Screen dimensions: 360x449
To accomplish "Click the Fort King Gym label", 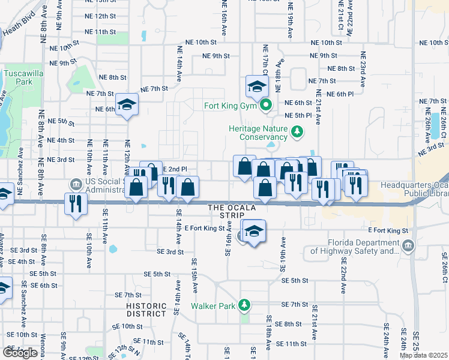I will [231, 107].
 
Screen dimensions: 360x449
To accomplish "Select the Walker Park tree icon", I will [244, 305].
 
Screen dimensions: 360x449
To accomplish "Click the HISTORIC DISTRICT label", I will [146, 310].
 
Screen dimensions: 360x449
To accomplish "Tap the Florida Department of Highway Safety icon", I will [408, 245].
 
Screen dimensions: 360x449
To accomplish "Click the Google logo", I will [20, 353].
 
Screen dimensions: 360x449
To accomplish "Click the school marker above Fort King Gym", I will [256, 86].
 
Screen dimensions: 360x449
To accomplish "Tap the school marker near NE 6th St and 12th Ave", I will [127, 104].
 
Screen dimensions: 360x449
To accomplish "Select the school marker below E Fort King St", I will [254, 231].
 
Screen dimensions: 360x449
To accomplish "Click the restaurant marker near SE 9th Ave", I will [76, 203].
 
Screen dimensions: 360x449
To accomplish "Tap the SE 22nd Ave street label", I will [343, 277].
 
